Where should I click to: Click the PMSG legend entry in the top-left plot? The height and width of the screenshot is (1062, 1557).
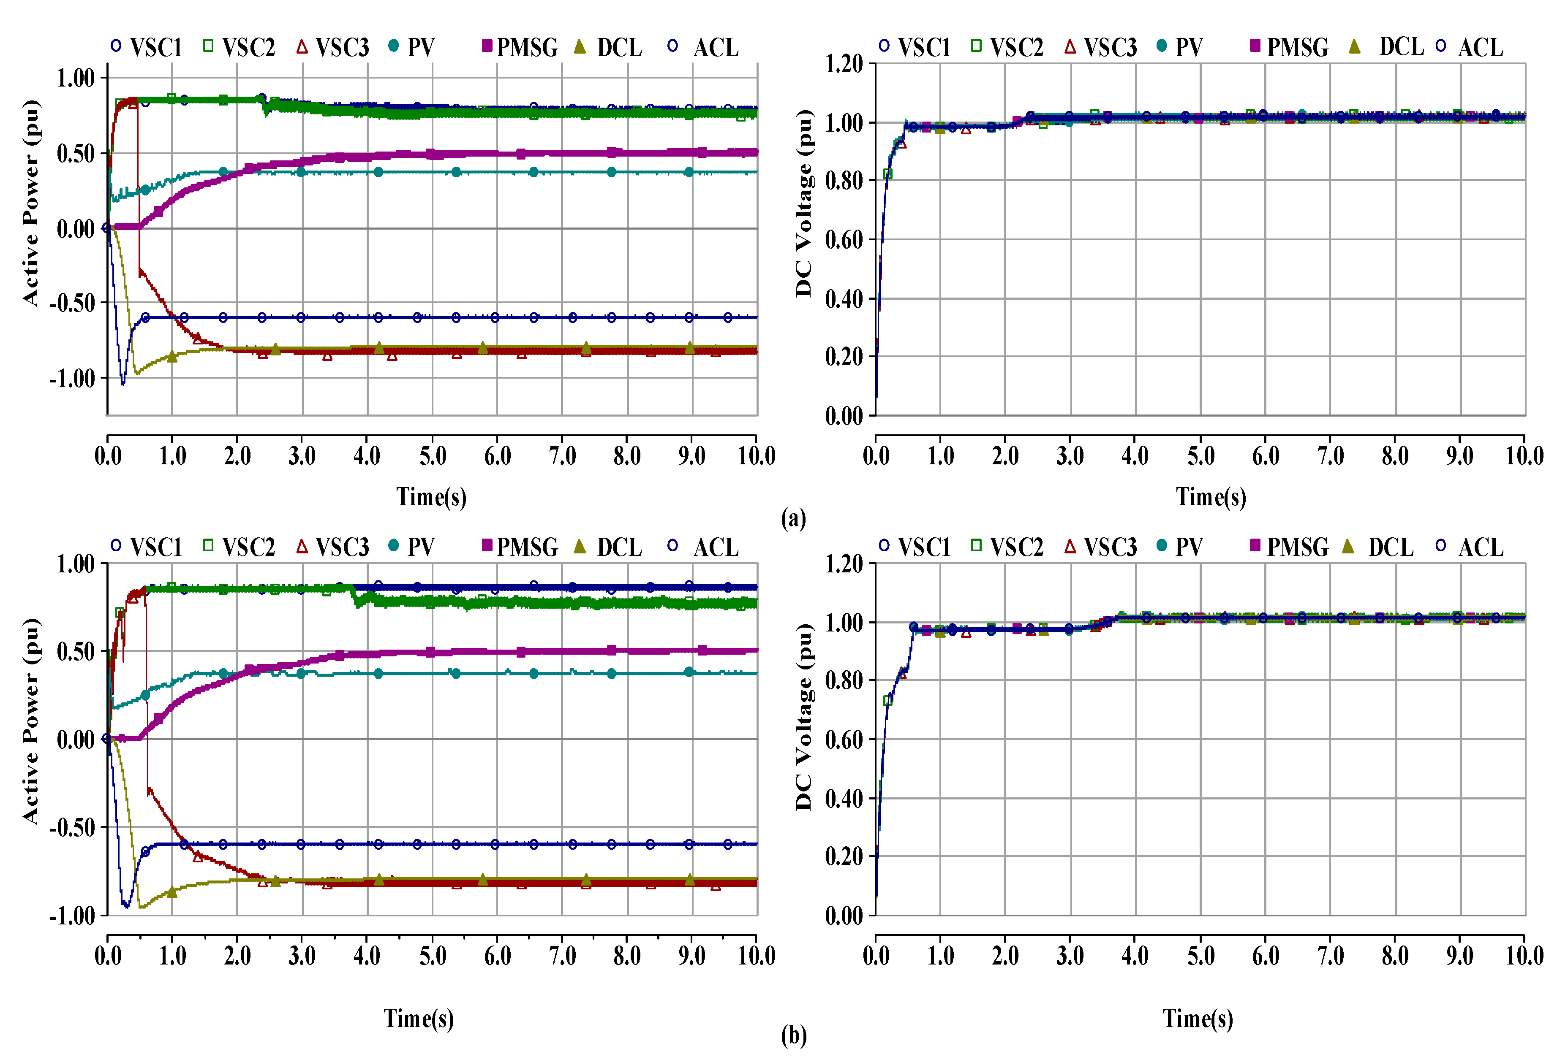point(520,48)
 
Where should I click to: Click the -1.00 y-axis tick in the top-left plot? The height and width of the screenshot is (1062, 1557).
point(72,378)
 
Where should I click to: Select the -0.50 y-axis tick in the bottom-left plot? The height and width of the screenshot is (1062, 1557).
point(72,828)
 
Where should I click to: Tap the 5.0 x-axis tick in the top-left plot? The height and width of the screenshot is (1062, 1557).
point(433,457)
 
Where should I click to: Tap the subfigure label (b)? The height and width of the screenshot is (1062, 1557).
point(793,1036)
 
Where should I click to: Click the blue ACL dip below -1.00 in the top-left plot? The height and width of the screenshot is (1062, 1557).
point(122,384)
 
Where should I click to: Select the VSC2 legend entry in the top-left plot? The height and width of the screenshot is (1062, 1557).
point(239,48)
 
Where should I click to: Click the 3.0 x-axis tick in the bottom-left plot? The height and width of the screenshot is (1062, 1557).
point(302,956)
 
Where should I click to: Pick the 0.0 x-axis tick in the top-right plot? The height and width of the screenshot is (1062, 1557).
point(876,457)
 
